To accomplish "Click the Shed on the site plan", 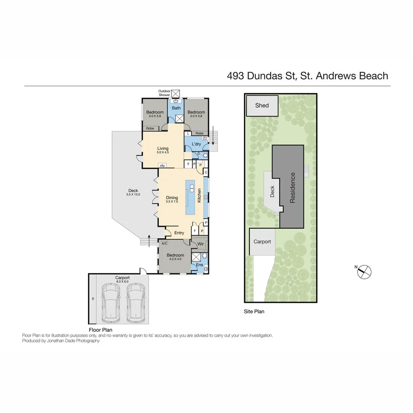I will point(261,105).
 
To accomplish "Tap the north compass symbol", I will point(364,271).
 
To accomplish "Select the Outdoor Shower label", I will point(164,93).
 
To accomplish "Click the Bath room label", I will point(176,108).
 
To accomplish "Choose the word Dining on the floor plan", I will point(172,198).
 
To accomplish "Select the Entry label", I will point(179,233).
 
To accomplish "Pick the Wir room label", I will point(200,244).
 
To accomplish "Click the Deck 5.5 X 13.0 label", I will point(133,193).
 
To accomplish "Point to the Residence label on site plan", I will point(292,188).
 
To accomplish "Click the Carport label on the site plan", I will point(262,242).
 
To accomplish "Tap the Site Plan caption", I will point(254,312).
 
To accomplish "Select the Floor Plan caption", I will point(100,330).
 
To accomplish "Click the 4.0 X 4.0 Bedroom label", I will point(175,257).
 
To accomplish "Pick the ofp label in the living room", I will point(162,166).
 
